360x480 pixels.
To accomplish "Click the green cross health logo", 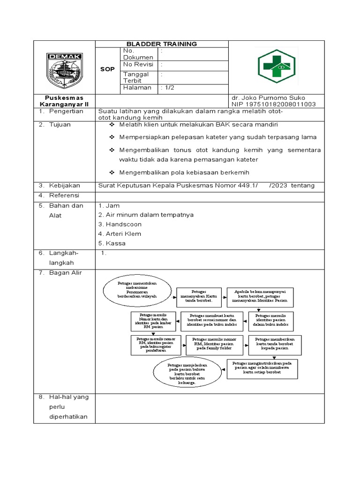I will click(276, 66).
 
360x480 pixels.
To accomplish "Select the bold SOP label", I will click(107, 69).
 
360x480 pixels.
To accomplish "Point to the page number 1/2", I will click(167, 88).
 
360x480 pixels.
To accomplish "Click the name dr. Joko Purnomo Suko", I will click(268, 98).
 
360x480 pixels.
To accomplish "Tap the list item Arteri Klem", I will click(120, 233).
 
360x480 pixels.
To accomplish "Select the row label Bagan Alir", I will click(66, 273).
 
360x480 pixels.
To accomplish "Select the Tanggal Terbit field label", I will click(136, 77).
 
